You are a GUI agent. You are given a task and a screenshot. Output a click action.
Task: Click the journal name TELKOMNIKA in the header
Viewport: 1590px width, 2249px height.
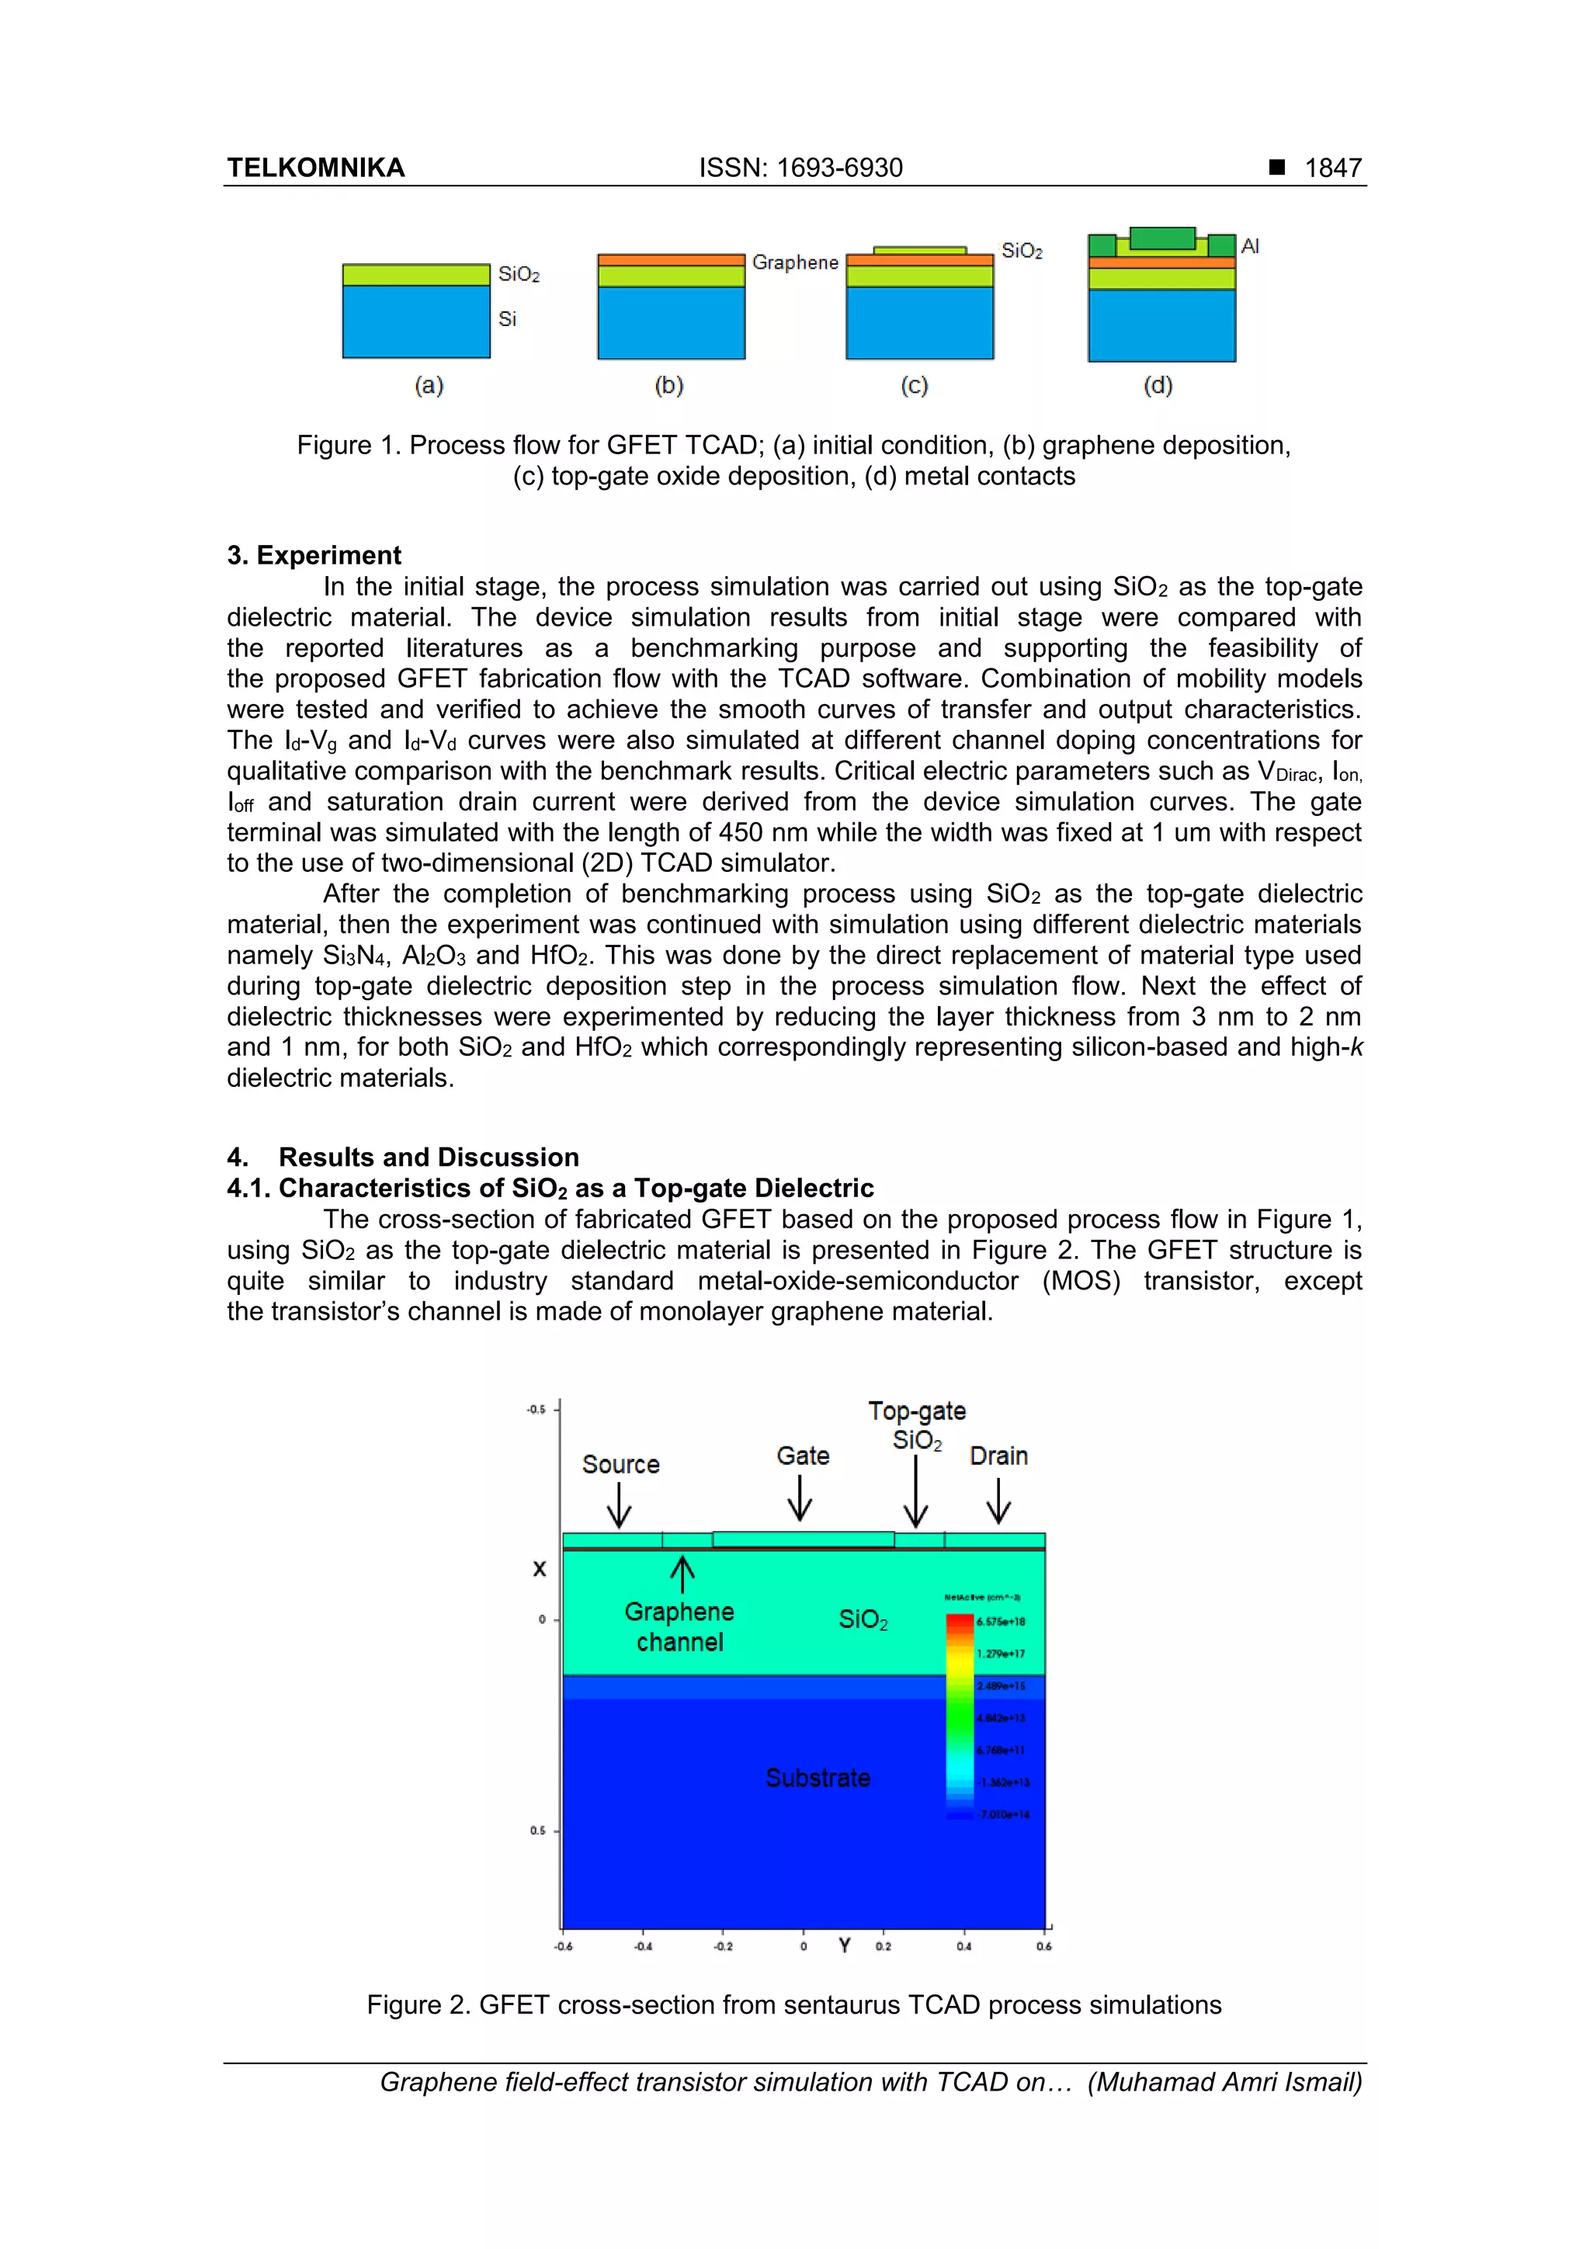(x=315, y=168)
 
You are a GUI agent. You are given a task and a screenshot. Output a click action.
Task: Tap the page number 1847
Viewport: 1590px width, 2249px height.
(x=1332, y=168)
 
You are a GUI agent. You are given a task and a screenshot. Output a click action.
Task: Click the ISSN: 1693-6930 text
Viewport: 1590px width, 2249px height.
(x=800, y=168)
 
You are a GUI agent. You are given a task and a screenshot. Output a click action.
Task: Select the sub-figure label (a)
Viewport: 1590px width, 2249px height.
(x=429, y=385)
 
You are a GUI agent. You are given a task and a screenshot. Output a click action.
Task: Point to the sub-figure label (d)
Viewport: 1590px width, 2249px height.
(x=1158, y=385)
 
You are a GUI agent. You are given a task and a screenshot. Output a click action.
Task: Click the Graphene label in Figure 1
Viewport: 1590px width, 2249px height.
(x=794, y=262)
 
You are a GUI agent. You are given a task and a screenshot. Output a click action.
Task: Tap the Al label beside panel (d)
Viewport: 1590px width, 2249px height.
(x=1249, y=246)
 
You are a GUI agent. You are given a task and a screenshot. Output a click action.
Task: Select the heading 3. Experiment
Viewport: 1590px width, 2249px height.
(x=314, y=555)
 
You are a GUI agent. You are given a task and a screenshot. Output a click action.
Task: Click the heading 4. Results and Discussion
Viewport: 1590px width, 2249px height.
(x=403, y=1157)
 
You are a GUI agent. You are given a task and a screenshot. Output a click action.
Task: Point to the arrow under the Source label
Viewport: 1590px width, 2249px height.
(x=619, y=1505)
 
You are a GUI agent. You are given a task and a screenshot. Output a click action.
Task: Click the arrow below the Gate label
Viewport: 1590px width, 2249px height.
(x=800, y=1498)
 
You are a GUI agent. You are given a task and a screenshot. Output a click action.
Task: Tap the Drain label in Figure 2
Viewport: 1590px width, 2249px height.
(x=998, y=1456)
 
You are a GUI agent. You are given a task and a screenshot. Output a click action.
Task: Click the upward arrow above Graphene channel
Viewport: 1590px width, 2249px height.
(x=682, y=1575)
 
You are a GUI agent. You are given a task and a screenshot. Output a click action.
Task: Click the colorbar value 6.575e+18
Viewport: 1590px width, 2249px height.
(x=999, y=1622)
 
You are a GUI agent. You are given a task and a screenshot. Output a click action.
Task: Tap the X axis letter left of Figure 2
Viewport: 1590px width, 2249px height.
(x=539, y=1569)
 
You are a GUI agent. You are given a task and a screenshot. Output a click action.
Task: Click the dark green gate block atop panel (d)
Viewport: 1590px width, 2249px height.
(x=1162, y=238)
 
